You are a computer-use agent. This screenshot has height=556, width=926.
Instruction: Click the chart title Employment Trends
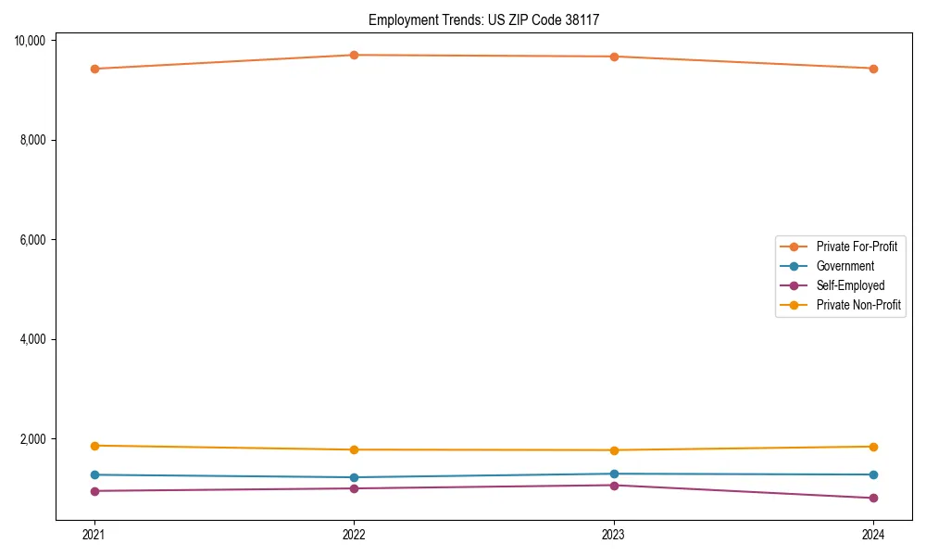click(490, 19)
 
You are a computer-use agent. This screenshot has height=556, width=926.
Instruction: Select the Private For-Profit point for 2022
click(354, 55)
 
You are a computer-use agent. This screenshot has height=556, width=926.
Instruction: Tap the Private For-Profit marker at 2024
click(873, 69)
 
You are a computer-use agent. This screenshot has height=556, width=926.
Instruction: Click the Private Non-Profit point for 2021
click(94, 446)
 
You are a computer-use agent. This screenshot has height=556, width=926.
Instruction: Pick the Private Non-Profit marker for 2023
click(614, 450)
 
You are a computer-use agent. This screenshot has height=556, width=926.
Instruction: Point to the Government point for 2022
click(354, 477)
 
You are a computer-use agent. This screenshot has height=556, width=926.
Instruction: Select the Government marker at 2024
click(873, 474)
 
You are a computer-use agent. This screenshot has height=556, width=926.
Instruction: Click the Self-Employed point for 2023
click(614, 485)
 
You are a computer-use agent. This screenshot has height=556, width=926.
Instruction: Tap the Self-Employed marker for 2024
click(873, 498)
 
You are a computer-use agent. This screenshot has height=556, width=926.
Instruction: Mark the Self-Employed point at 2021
click(94, 491)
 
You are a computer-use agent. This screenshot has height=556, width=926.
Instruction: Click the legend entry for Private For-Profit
click(857, 246)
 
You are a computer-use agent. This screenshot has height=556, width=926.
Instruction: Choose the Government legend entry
click(845, 266)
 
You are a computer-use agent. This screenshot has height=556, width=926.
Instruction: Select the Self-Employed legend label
click(850, 285)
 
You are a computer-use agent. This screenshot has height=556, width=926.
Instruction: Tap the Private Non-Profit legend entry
click(858, 305)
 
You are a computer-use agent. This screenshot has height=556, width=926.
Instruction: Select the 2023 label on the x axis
click(614, 534)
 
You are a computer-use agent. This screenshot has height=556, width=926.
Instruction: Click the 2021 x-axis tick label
click(94, 534)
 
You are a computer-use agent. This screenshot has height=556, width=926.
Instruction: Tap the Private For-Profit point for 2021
click(94, 69)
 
